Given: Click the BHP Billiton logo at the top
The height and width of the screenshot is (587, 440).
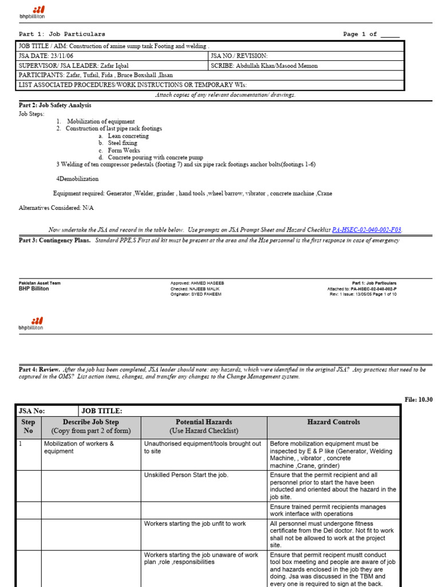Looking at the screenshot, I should click(32, 13).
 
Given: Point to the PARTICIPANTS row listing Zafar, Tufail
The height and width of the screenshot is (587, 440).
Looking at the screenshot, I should click(96, 75).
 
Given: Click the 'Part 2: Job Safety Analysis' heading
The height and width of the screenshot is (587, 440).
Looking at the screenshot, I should click(55, 105).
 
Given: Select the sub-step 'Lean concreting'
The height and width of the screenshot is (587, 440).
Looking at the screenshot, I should click(128, 136).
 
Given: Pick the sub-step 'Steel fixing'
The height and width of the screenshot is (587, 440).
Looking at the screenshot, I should click(122, 143).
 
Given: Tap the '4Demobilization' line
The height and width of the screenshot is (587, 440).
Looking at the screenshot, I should click(77, 179).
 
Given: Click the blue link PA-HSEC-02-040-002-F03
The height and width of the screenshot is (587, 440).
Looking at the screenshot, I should click(367, 230).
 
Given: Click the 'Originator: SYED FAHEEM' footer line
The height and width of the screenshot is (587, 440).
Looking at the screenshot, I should click(195, 294).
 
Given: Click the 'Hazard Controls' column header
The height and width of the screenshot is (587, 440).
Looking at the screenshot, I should click(333, 422).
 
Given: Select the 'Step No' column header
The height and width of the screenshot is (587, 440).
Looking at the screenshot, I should click(28, 426).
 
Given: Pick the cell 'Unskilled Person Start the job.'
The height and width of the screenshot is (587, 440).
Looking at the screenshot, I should click(186, 475).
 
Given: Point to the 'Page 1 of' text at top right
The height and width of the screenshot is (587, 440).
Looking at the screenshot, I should click(360, 34).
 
